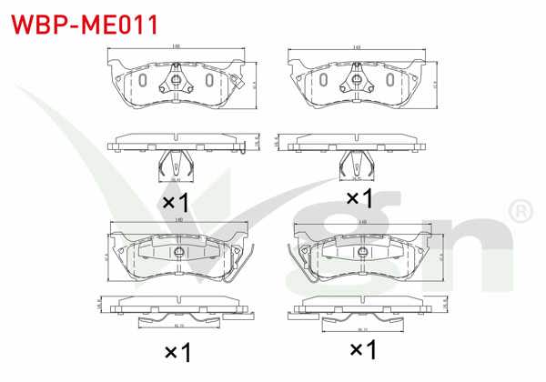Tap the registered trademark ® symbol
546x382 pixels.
520,211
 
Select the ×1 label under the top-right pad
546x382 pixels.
359,197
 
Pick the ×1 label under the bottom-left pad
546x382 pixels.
177,349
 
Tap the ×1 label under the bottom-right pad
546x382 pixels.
363,348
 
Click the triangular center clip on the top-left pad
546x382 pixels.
177,85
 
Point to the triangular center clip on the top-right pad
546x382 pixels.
353,85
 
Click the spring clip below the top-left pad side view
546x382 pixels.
177,165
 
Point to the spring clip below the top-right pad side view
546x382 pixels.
354,165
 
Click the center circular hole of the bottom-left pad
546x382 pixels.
178,252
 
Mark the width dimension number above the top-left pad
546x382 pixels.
176,46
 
